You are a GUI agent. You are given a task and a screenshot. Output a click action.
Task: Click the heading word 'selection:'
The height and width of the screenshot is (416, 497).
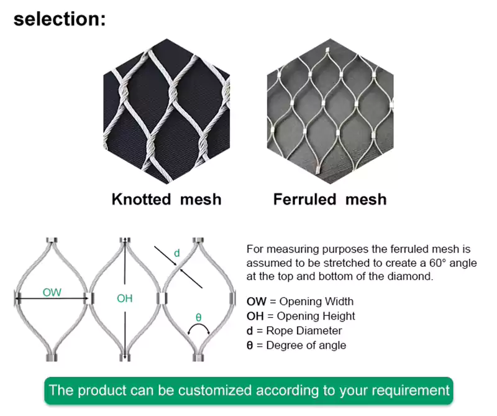pyautogui.click(x=60, y=19)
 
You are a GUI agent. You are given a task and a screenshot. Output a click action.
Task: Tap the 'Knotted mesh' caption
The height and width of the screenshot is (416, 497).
pyautogui.click(x=166, y=200)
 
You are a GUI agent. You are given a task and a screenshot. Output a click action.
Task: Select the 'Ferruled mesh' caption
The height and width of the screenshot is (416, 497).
pyautogui.click(x=330, y=200)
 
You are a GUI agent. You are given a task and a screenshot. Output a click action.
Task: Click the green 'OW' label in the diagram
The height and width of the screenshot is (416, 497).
pyautogui.click(x=52, y=292)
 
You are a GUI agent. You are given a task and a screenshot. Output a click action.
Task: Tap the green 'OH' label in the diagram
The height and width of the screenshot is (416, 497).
pyautogui.click(x=124, y=298)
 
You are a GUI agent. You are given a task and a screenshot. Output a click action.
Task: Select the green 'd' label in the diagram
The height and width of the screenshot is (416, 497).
pyautogui.click(x=176, y=253)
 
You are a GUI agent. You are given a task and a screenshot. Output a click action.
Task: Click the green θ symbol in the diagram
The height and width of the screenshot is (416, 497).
pyautogui.click(x=198, y=317)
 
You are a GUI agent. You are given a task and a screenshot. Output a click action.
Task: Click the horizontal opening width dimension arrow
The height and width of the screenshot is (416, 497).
pyautogui.click(x=52, y=300)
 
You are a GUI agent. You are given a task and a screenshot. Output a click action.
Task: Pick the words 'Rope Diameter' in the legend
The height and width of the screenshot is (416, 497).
pyautogui.click(x=303, y=331)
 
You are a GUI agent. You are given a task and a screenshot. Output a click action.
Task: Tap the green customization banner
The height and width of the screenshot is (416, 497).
pyautogui.click(x=248, y=391)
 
